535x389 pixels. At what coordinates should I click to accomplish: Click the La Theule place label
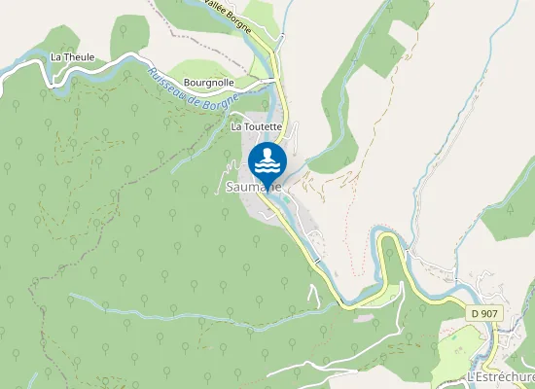[x=73, y=57]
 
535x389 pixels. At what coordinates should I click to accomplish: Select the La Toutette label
[x=256, y=126]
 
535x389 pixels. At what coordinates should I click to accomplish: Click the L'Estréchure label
[x=500, y=377]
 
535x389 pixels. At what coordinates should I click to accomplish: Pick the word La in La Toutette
[x=235, y=126]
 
